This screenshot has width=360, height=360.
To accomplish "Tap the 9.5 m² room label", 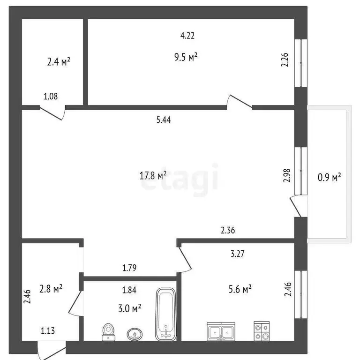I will (x=186, y=57).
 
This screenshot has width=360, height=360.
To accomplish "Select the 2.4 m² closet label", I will (x=59, y=61).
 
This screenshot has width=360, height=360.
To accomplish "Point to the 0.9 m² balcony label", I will (x=329, y=177).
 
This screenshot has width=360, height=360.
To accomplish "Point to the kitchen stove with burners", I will (x=261, y=331).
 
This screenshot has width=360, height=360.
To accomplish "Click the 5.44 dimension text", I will (x=163, y=120).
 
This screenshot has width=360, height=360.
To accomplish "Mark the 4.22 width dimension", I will (x=188, y=35).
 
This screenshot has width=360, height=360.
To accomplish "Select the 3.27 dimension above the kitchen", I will (x=238, y=255).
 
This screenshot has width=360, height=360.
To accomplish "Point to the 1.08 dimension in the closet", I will (x=51, y=97).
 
